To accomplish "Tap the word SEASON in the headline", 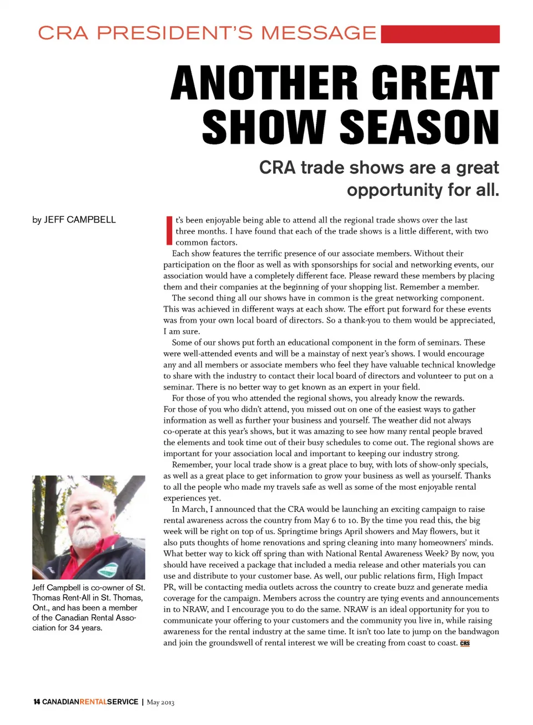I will tap(419, 127).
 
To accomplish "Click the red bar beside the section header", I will tap(440, 34).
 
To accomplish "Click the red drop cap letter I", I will tap(169, 231).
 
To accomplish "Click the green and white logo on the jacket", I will tap(111, 569).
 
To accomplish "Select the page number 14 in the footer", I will tap(36, 702).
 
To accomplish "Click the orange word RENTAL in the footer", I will tap(93, 702).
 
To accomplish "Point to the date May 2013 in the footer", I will tap(160, 702).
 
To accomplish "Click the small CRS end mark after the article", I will tap(465, 643).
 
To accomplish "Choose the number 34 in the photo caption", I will tap(74, 628).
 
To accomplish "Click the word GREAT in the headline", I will tap(435, 83).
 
